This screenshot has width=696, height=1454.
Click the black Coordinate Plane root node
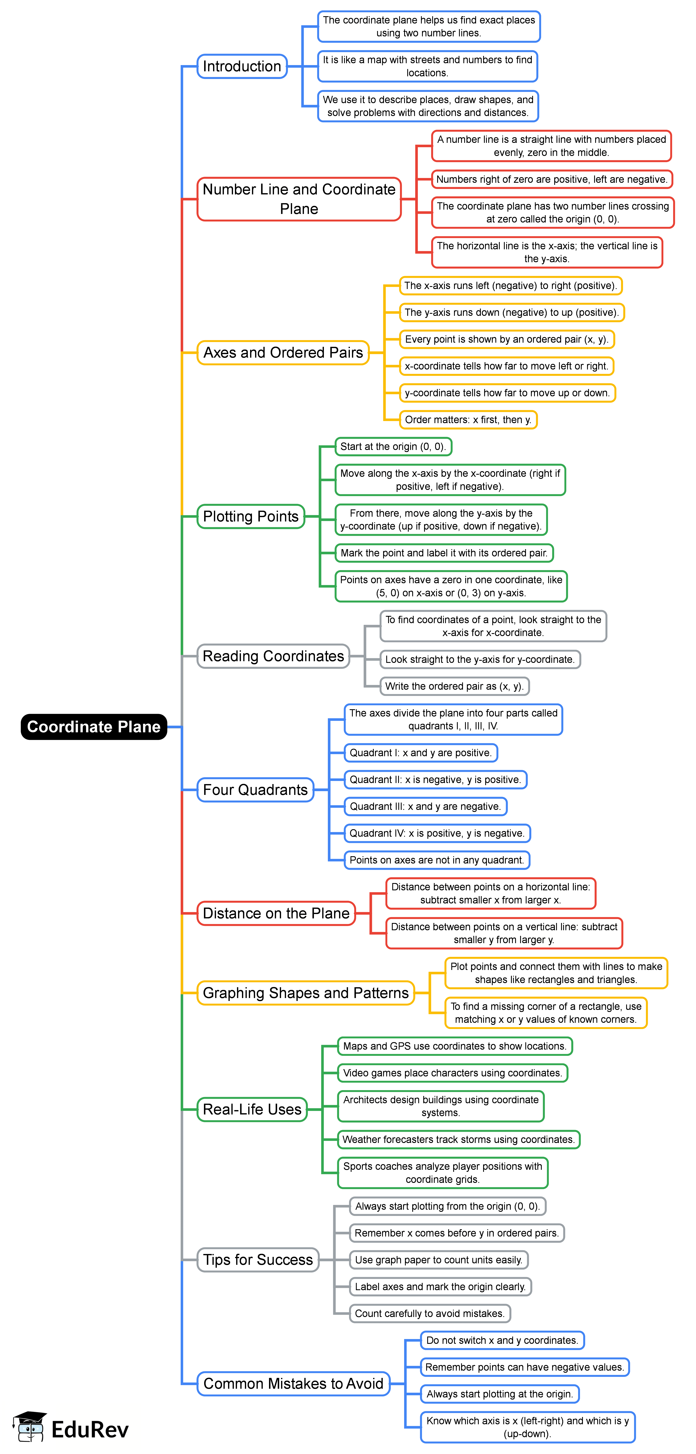pyautogui.click(x=94, y=726)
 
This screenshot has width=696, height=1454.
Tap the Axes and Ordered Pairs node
pyautogui.click(x=283, y=352)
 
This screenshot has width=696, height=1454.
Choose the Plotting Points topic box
pyautogui.click(x=251, y=516)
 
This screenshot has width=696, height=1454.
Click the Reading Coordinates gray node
pyautogui.click(x=273, y=656)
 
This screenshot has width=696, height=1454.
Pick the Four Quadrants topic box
pyautogui.click(x=255, y=790)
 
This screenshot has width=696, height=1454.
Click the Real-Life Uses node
pyautogui.click(x=252, y=1109)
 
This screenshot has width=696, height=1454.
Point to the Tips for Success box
pyautogui.click(x=258, y=1259)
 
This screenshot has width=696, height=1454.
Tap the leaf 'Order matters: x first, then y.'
pyautogui.click(x=468, y=419)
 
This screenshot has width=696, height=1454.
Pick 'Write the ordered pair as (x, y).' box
pyautogui.click(x=454, y=686)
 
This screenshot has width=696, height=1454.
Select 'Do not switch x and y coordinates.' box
pyautogui.click(x=502, y=1340)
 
